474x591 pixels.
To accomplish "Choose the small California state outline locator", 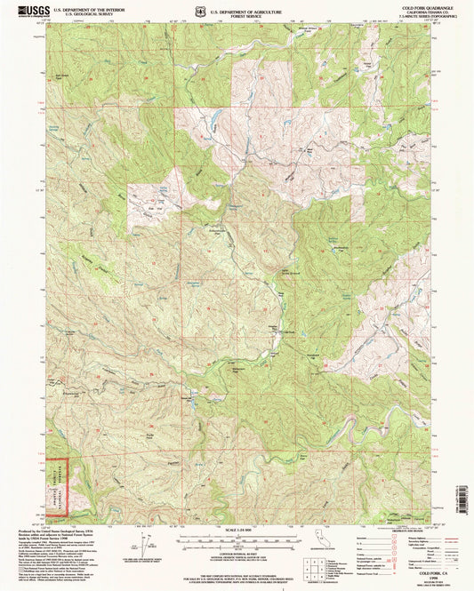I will pyautogui.click(x=318, y=538).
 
